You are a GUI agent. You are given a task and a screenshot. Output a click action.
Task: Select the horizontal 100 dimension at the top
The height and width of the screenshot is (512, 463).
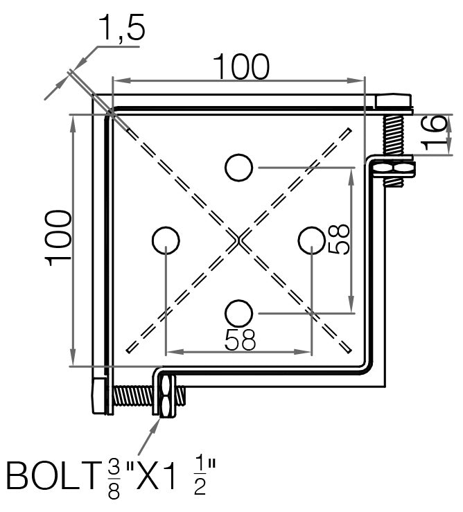240,68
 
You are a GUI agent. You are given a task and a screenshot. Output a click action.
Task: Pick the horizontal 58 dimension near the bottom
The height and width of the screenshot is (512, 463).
240,339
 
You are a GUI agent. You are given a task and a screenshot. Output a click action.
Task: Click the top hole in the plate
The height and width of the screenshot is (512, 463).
238,167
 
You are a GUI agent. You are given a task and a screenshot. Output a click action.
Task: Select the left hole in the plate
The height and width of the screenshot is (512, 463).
166,240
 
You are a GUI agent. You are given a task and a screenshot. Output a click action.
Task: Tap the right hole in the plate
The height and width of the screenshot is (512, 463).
311,240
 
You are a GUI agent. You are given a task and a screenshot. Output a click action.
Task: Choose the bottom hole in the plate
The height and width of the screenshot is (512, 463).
238,312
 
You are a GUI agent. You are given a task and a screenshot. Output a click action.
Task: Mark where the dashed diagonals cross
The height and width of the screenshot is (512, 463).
238,240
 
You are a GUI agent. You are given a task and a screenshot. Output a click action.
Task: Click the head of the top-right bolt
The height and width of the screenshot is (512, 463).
393,102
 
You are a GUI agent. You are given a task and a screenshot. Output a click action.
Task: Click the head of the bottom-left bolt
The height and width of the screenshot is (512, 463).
99,396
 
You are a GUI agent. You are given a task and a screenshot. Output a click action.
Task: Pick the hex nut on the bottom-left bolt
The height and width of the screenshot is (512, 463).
166,396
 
